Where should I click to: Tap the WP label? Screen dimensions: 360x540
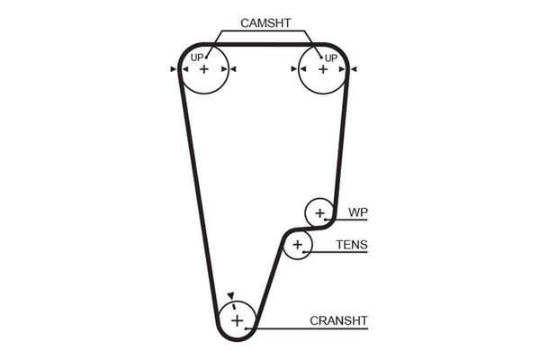(358, 212)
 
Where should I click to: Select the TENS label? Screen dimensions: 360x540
(352, 244)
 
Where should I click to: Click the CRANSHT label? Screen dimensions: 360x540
(338, 319)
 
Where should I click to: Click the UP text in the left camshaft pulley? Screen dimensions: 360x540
(196, 58)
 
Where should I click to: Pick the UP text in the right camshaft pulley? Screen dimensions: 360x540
(330, 58)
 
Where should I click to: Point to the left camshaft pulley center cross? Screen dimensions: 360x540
(204, 69)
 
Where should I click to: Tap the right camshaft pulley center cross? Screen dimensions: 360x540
(322, 69)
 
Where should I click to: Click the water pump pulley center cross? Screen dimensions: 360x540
(319, 214)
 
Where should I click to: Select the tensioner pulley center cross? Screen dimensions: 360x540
(297, 244)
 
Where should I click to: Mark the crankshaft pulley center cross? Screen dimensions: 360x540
(237, 319)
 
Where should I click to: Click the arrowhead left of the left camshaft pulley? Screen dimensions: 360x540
(173, 69)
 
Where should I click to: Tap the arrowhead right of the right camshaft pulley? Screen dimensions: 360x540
(354, 69)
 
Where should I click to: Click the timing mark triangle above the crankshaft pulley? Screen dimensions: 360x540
(230, 294)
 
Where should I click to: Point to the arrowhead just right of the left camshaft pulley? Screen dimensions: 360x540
(232, 69)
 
